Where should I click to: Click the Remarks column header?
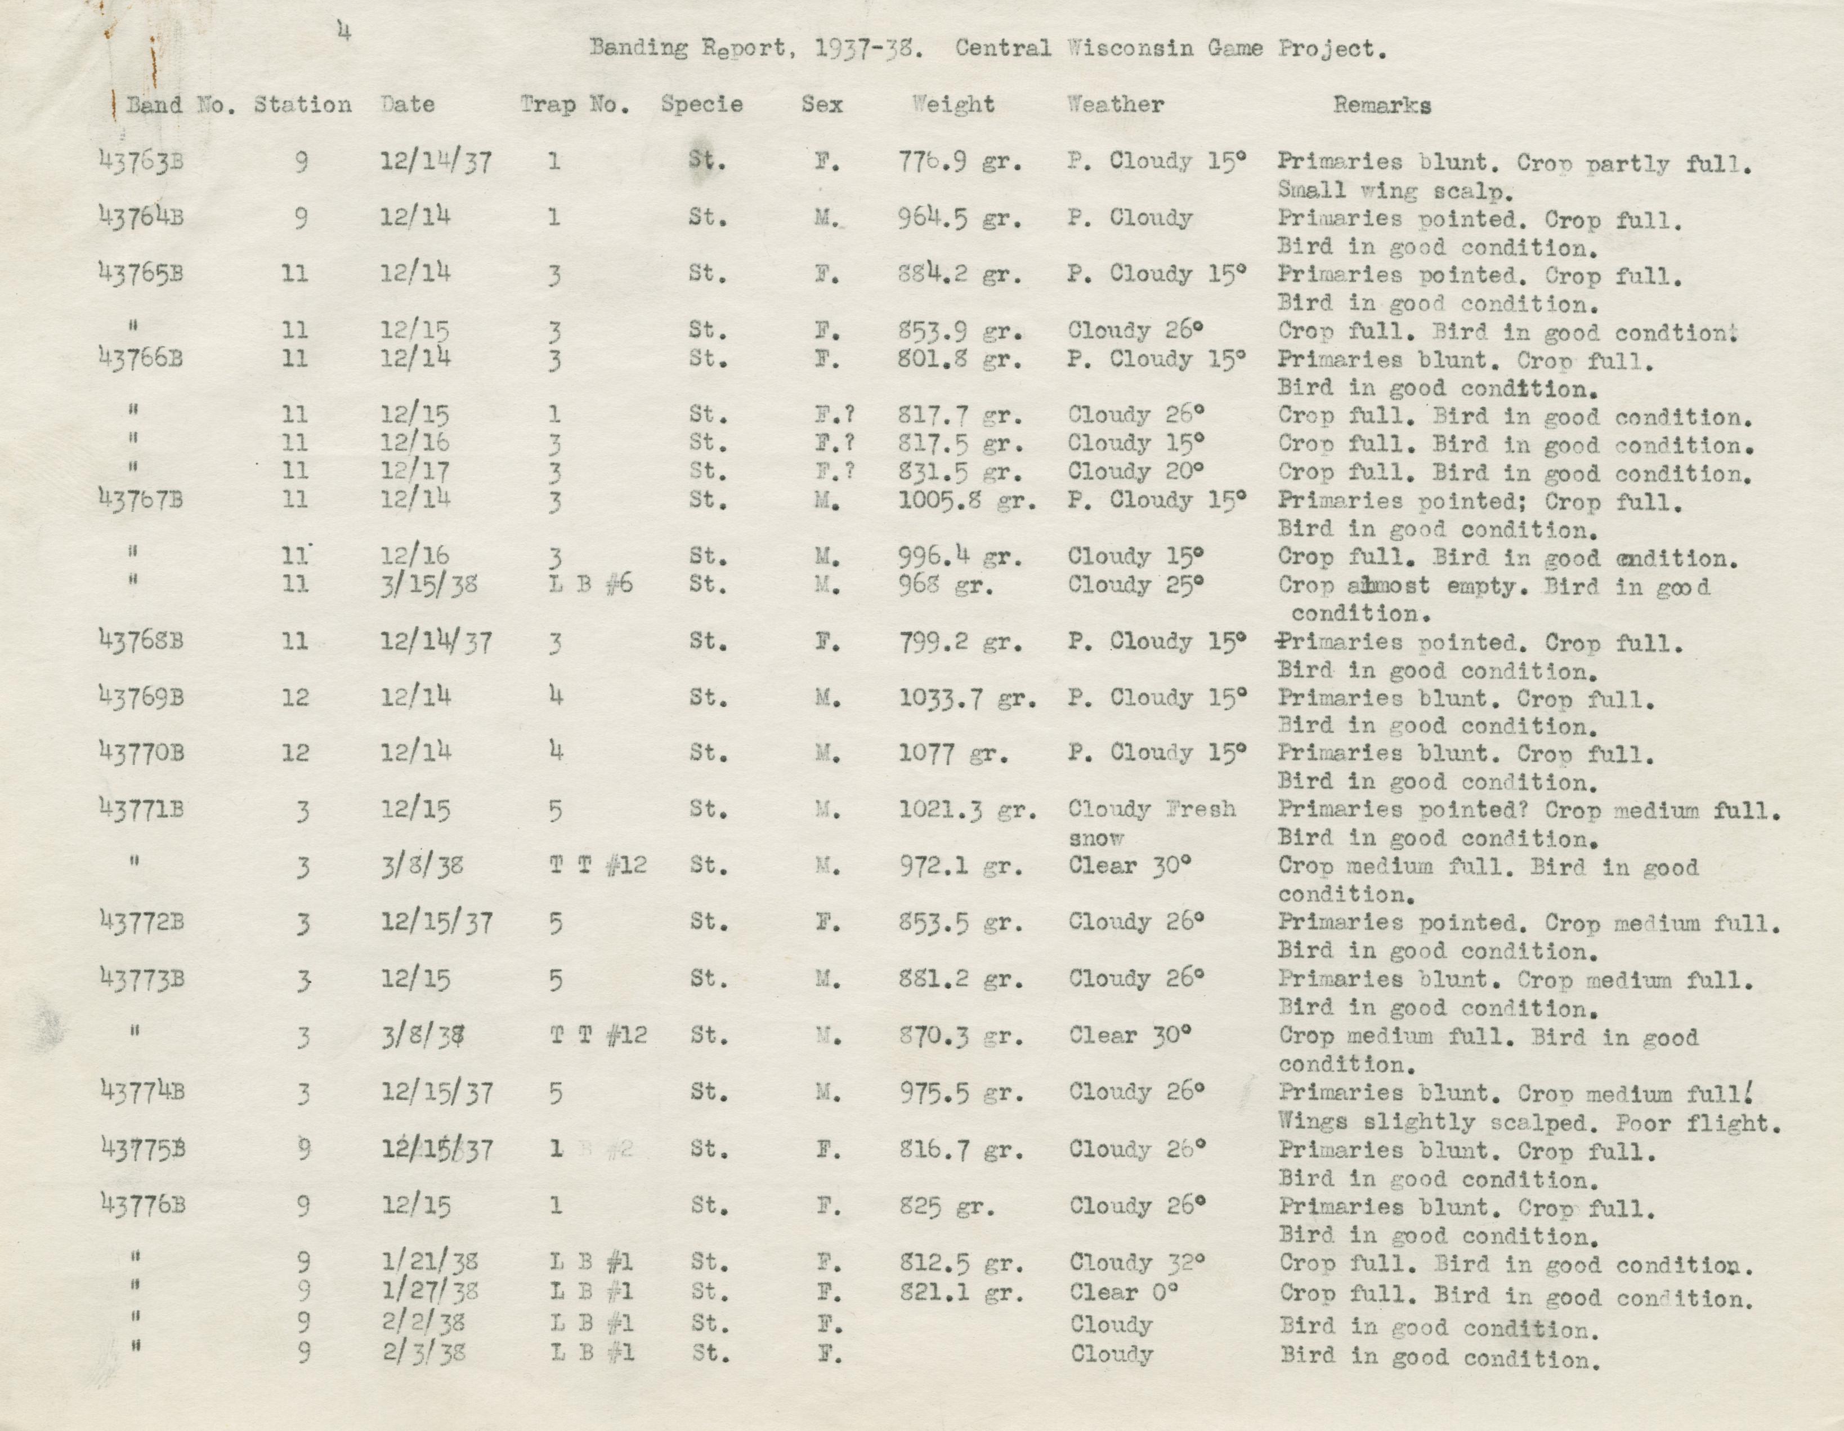(1381, 106)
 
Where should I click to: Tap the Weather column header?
(1116, 105)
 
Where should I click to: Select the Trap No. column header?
(574, 105)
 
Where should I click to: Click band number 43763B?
(141, 161)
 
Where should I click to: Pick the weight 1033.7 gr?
(967, 698)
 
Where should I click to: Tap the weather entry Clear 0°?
(1124, 1292)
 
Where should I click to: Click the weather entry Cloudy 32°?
(1136, 1262)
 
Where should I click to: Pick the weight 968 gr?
(946, 585)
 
